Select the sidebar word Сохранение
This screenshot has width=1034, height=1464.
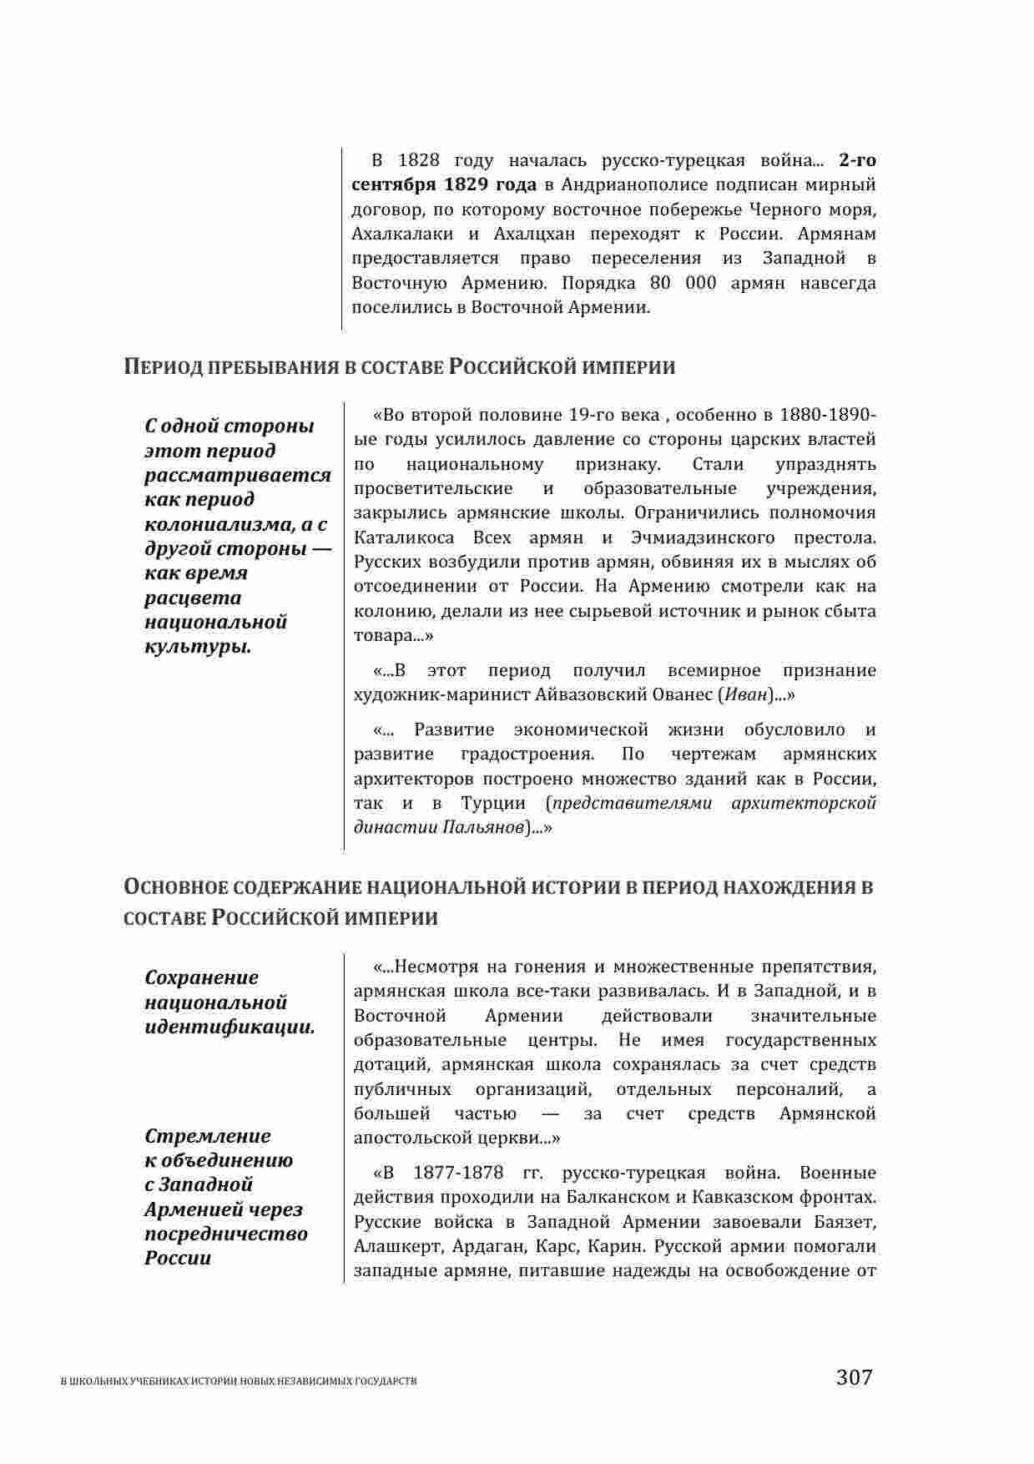click(x=202, y=977)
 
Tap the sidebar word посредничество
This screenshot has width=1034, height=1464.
click(x=226, y=1234)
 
